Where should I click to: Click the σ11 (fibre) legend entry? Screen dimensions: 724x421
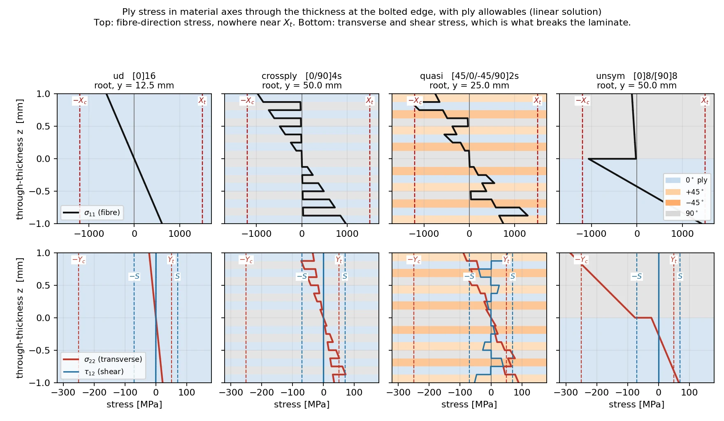[x=92, y=213]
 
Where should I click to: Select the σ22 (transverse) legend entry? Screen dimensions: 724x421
[x=103, y=359]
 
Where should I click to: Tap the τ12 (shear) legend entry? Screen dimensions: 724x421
[x=93, y=372]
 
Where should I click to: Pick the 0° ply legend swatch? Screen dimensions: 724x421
[x=673, y=180]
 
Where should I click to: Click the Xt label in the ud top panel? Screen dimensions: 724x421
[x=202, y=101]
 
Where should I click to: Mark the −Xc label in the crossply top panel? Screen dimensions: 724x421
[x=247, y=101]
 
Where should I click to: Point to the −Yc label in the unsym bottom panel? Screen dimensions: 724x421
[x=581, y=260]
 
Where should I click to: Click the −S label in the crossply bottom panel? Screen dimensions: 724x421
[x=302, y=276]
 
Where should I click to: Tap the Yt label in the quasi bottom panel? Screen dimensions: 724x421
[x=506, y=260]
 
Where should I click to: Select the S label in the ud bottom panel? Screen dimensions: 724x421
[x=177, y=276]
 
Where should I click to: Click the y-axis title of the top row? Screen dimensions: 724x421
[x=19, y=159]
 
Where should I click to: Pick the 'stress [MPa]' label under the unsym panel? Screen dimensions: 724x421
[x=636, y=405]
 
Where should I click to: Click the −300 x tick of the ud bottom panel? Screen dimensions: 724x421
[x=63, y=393]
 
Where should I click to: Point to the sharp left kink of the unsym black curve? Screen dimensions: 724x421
[x=589, y=159]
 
